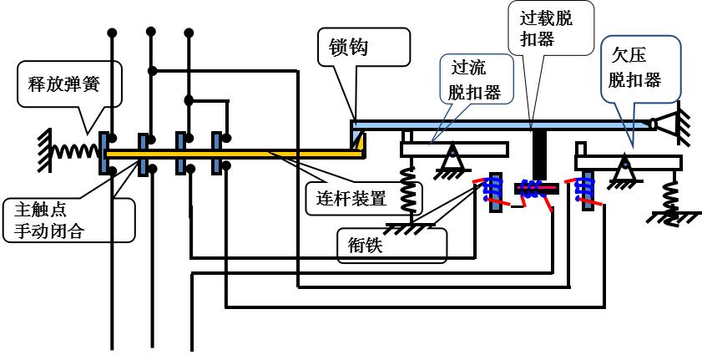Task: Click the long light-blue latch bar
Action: pyautogui.click(x=501, y=124)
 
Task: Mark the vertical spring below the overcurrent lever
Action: pyautogui.click(x=407, y=190)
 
